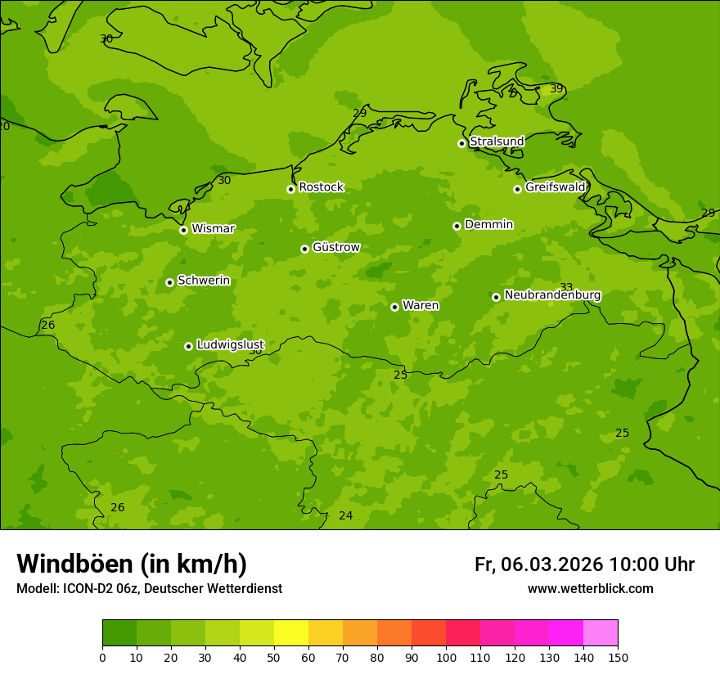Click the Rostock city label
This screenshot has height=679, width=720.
point(321,187)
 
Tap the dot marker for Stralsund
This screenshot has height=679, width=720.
point(461,143)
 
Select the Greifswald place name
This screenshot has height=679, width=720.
point(555,187)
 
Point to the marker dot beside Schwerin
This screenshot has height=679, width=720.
point(169,282)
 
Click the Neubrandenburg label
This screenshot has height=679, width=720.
point(552,295)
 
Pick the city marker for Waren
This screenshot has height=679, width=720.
point(394,307)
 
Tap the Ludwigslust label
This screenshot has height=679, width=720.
point(230,345)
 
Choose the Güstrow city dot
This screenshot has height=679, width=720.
point(304,249)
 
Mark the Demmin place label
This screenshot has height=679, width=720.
point(488,225)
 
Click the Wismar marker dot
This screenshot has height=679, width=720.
point(183,230)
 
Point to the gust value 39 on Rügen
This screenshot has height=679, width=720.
point(556,88)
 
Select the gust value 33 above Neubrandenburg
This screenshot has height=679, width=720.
point(566,287)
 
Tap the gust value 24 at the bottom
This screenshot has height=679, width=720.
point(346,515)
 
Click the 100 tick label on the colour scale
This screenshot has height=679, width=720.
point(446,657)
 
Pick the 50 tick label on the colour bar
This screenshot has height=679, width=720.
point(274,657)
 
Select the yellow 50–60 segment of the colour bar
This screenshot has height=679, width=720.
point(291,633)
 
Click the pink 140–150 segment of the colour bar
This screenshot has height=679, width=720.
point(601,633)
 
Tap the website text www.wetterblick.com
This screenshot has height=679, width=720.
point(590,589)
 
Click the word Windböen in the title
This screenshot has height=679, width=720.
point(74,564)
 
